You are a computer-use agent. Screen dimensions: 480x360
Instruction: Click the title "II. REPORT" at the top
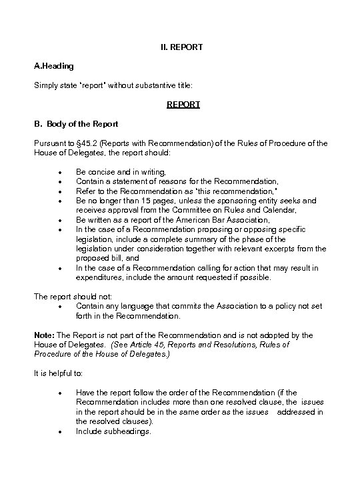point(181,47)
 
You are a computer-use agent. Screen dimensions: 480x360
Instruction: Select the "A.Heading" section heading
point(54,66)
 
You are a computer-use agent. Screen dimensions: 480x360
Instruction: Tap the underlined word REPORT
point(183,105)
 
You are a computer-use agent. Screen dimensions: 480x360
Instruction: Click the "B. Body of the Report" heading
point(75,124)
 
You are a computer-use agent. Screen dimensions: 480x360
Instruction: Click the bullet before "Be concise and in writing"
point(61,172)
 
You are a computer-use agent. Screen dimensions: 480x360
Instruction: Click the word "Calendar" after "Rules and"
point(276,210)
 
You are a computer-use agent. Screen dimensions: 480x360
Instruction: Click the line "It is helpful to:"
point(60,374)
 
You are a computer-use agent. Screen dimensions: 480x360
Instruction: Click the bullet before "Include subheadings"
point(61,432)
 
